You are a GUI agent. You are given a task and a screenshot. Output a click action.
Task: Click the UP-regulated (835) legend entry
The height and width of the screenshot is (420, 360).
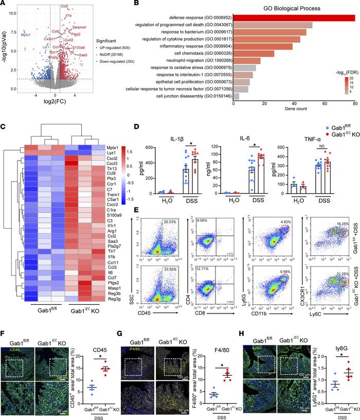click(112, 46)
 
